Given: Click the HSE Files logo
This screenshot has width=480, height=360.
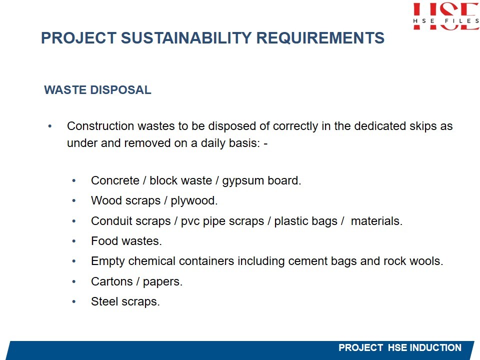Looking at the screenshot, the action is pos(446,16).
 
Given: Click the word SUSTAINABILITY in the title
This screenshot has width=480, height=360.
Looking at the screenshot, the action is pos(185,38).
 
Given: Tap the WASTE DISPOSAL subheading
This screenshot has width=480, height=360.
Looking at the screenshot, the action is pos(97,90).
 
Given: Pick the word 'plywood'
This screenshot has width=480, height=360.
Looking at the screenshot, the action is pos(194,201).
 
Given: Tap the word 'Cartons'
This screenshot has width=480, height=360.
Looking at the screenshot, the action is pos(111,281).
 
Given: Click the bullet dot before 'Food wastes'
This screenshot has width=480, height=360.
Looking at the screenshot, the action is pos(74,241).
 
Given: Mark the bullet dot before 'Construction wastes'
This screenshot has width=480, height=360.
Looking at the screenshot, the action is pos(50,126).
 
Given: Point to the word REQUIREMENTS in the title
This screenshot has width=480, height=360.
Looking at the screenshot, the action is pos(320,38).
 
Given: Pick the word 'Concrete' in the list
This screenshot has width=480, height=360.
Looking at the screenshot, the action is pos(115,180).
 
